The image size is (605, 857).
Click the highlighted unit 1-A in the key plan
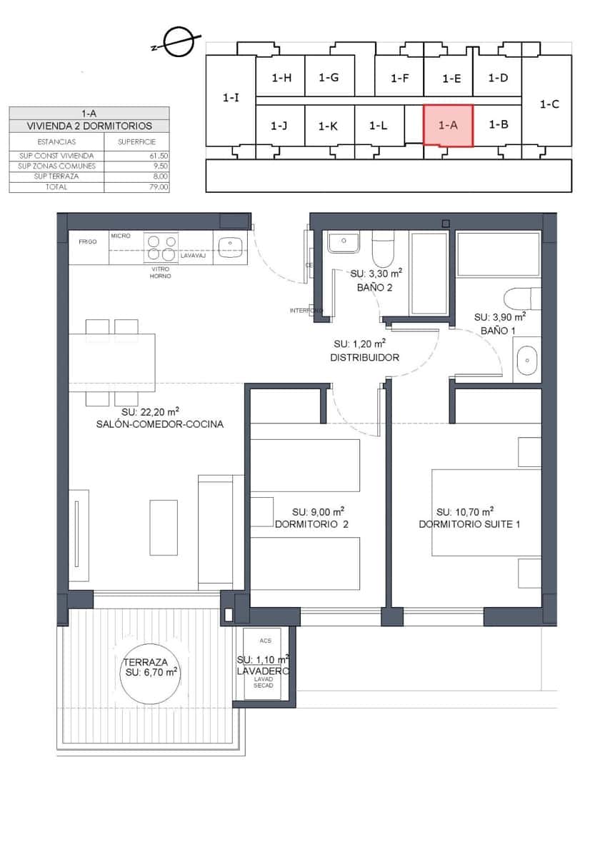click(448, 125)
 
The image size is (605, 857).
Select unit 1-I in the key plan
click(231, 99)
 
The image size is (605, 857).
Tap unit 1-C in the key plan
click(549, 104)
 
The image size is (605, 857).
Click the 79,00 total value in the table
click(159, 187)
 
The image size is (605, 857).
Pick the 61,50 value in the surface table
click(159, 156)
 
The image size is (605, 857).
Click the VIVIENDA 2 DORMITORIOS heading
click(89, 126)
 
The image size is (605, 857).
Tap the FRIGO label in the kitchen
click(88, 241)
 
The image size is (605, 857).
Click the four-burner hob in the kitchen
click(161, 247)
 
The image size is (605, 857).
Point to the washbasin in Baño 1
click(528, 362)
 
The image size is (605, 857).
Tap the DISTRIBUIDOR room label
click(364, 357)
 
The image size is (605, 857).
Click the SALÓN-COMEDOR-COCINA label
click(160, 424)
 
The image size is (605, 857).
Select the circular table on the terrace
click(150, 673)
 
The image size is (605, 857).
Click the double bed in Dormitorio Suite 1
click(486, 512)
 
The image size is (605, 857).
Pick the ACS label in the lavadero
click(266, 641)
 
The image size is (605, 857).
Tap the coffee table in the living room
click(164, 527)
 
